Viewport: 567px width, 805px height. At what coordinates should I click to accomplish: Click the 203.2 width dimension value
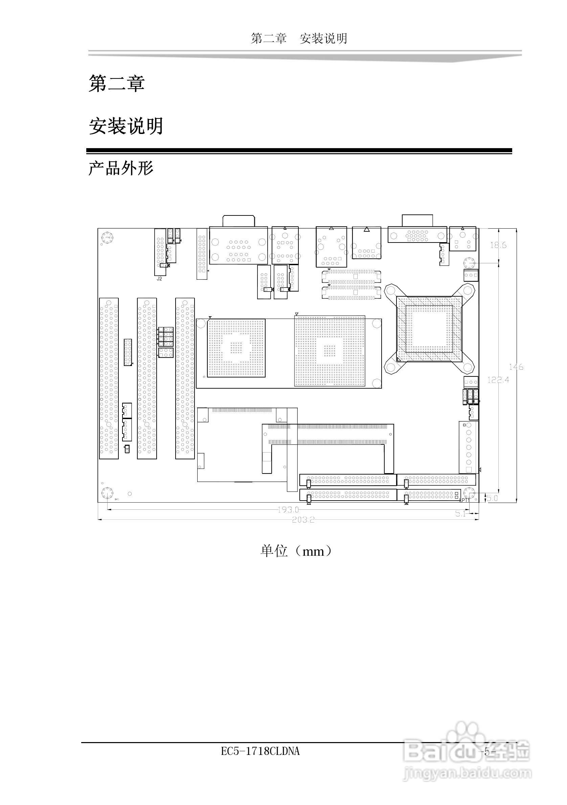tap(303, 520)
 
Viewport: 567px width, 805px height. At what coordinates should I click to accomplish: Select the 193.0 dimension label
tap(288, 510)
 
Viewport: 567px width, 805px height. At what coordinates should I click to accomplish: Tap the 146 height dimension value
tap(516, 367)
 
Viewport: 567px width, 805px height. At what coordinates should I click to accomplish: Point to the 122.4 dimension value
tap(498, 380)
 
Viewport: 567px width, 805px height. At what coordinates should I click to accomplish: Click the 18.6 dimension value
tap(498, 246)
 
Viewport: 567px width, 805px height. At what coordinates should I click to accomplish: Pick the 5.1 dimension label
tap(461, 514)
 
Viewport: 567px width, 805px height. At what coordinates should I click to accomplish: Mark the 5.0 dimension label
tap(492, 498)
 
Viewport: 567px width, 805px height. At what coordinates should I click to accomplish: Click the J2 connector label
tap(159, 279)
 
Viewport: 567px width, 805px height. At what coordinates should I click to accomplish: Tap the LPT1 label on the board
tap(464, 500)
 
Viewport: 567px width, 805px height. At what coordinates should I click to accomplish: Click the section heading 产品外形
tap(121, 168)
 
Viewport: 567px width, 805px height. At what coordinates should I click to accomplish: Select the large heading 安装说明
tap(126, 126)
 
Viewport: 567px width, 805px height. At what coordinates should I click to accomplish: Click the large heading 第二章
tap(116, 84)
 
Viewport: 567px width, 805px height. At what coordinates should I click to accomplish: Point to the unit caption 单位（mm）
tap(296, 551)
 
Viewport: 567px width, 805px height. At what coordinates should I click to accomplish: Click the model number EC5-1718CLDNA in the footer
tap(260, 751)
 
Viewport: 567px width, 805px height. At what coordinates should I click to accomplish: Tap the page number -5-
tap(487, 752)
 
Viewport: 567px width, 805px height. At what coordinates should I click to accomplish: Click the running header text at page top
tap(299, 39)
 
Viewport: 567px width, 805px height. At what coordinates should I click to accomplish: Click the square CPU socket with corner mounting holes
tap(429, 328)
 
